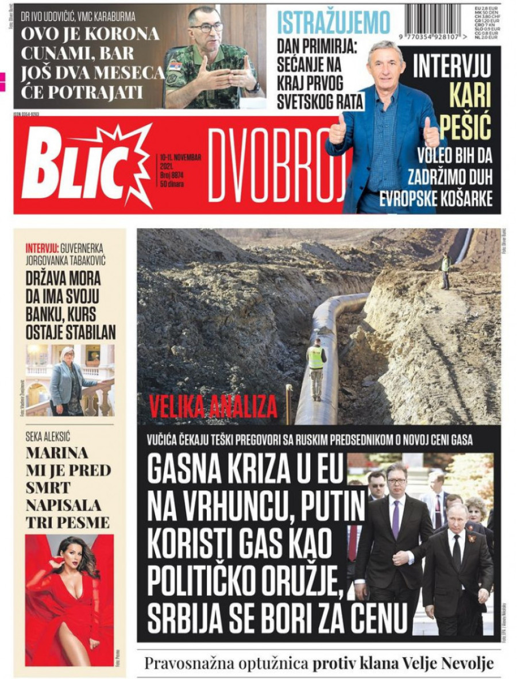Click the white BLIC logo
click(80, 167)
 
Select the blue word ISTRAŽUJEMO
click(334, 23)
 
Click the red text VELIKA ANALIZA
click(213, 407)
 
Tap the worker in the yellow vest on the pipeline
click(315, 368)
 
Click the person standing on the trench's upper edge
click(445, 270)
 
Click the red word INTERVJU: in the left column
click(42, 249)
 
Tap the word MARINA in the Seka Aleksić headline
click(57, 453)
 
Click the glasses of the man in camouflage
click(207, 26)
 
